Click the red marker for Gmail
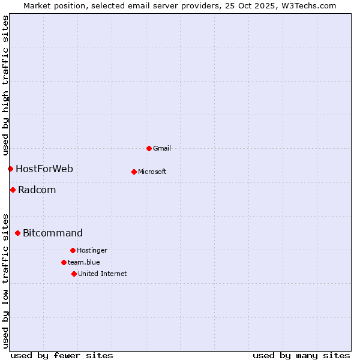[149, 148]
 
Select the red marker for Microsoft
[134, 172]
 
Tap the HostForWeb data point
[10, 169]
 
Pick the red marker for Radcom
[13, 190]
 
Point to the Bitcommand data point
[17, 233]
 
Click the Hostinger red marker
[73, 250]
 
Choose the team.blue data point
[64, 262]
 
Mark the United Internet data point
[74, 274]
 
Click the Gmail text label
[162, 148]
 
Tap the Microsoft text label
[152, 172]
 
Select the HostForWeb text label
[44, 169]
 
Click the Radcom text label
[37, 190]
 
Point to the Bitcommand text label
[53, 233]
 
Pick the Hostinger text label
[92, 250]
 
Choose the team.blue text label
[84, 262]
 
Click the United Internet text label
[103, 274]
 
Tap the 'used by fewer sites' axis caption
[62, 355]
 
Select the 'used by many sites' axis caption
[301, 355]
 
